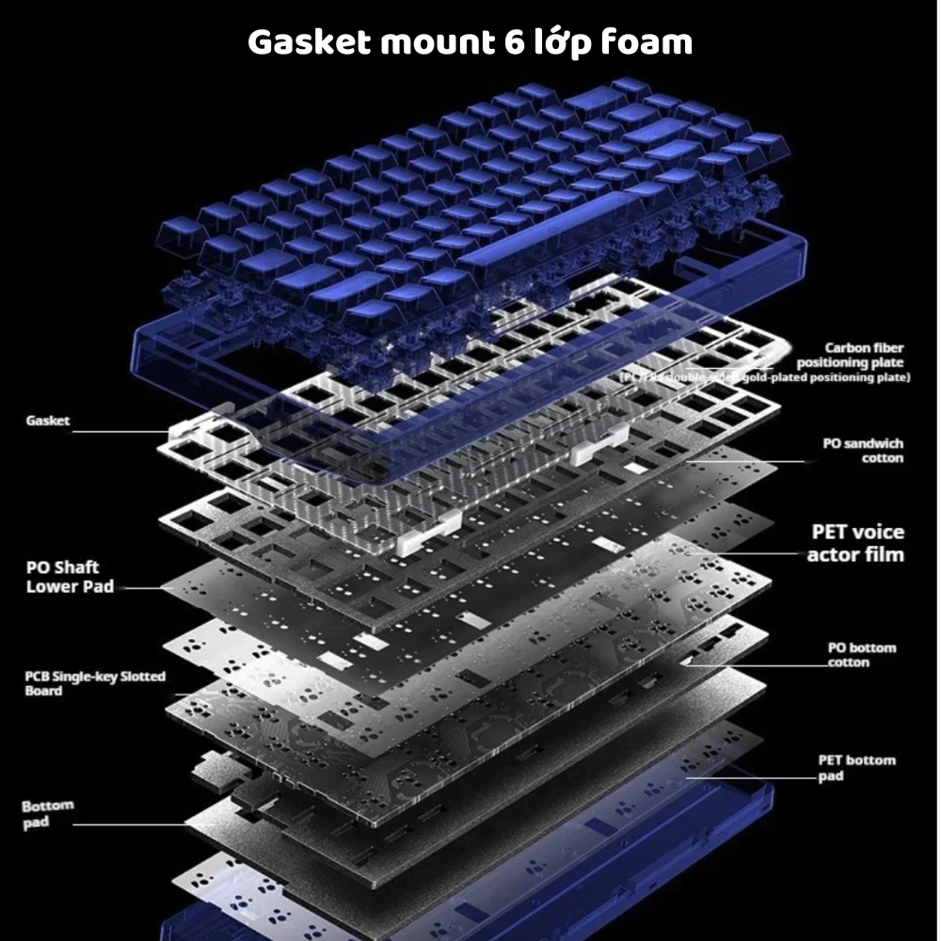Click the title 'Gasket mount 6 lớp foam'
click(470, 42)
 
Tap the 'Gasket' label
click(47, 421)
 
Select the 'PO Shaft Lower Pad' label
click(63, 577)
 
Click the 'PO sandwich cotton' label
click(863, 450)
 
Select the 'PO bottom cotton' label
click(861, 654)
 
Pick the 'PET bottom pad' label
click(856, 767)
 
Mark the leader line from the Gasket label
click(122, 432)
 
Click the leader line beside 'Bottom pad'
click(132, 825)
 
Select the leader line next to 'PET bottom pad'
click(753, 778)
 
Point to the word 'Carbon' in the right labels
click(847, 347)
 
